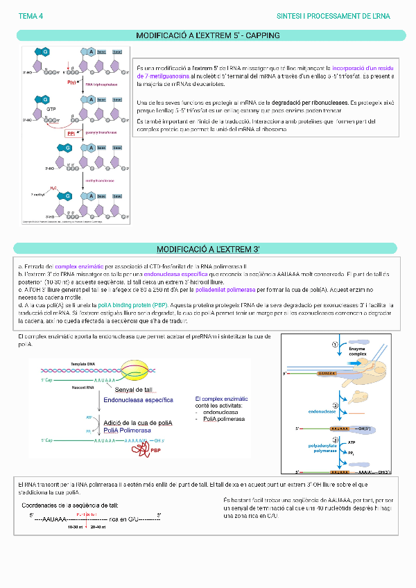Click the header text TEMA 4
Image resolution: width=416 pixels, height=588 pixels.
pos(31,15)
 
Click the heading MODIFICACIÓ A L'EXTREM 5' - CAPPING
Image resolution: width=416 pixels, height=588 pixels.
pos(208,35)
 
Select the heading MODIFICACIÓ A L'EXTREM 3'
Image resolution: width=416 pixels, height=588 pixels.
pos(208,249)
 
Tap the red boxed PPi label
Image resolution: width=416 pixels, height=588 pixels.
pos(71,133)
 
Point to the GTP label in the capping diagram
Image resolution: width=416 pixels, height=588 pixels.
pos(51,110)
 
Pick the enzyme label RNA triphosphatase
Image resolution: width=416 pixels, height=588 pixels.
pos(100,84)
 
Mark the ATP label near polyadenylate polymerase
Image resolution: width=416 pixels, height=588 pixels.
pos(352,442)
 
